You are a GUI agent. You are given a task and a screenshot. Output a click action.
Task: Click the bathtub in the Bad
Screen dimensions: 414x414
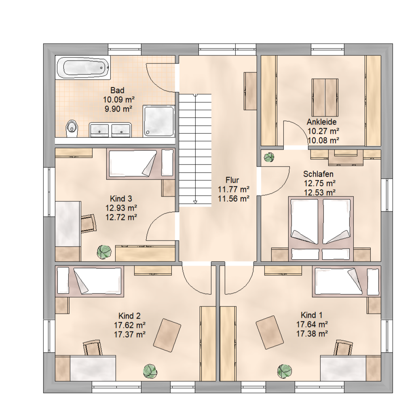pyautogui.click(x=83, y=68)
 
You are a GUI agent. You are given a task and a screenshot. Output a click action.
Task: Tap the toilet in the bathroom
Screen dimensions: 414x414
pyautogui.click(x=72, y=129)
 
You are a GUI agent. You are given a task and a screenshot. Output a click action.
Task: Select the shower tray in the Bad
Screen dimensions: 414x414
pyautogui.click(x=158, y=121)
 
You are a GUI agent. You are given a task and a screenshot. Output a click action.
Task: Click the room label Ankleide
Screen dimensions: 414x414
pyautogui.click(x=321, y=122)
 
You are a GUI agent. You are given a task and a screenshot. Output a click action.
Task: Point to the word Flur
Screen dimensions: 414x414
pyautogui.click(x=232, y=180)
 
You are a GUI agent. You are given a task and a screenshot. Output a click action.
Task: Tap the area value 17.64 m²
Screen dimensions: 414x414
pyautogui.click(x=312, y=324)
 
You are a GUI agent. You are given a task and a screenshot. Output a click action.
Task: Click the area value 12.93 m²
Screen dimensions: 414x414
pyautogui.click(x=121, y=208)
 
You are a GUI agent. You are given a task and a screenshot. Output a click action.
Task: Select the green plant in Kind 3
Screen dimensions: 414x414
pyautogui.click(x=104, y=252)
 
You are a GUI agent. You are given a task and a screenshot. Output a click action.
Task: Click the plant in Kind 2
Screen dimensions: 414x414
pyautogui.click(x=150, y=371)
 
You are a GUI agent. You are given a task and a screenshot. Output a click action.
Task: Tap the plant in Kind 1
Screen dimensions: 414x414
pyautogui.click(x=285, y=371)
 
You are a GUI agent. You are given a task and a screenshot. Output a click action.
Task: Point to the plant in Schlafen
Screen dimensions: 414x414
pyautogui.click(x=269, y=157)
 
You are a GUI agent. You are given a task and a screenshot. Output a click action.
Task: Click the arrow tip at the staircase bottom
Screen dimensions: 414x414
pyautogui.click(x=195, y=203)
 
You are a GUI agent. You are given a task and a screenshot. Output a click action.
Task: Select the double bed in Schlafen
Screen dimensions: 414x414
pyautogui.click(x=321, y=229)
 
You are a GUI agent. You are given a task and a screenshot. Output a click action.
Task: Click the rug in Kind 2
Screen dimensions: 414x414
pyautogui.click(x=167, y=335)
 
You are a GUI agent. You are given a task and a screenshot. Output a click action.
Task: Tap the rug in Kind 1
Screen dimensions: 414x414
pyautogui.click(x=270, y=332)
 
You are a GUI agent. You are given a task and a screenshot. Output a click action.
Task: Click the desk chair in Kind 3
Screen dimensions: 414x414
pyautogui.click(x=89, y=223)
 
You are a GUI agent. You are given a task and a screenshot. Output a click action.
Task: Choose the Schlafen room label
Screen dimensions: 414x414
pyautogui.click(x=318, y=174)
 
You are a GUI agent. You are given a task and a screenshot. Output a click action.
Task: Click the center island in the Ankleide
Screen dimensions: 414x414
pyautogui.click(x=325, y=97)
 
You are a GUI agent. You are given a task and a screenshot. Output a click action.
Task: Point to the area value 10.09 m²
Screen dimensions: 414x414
pyautogui.click(x=118, y=100)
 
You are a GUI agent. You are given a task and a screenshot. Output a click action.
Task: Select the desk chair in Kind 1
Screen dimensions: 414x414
pyautogui.click(x=343, y=348)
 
